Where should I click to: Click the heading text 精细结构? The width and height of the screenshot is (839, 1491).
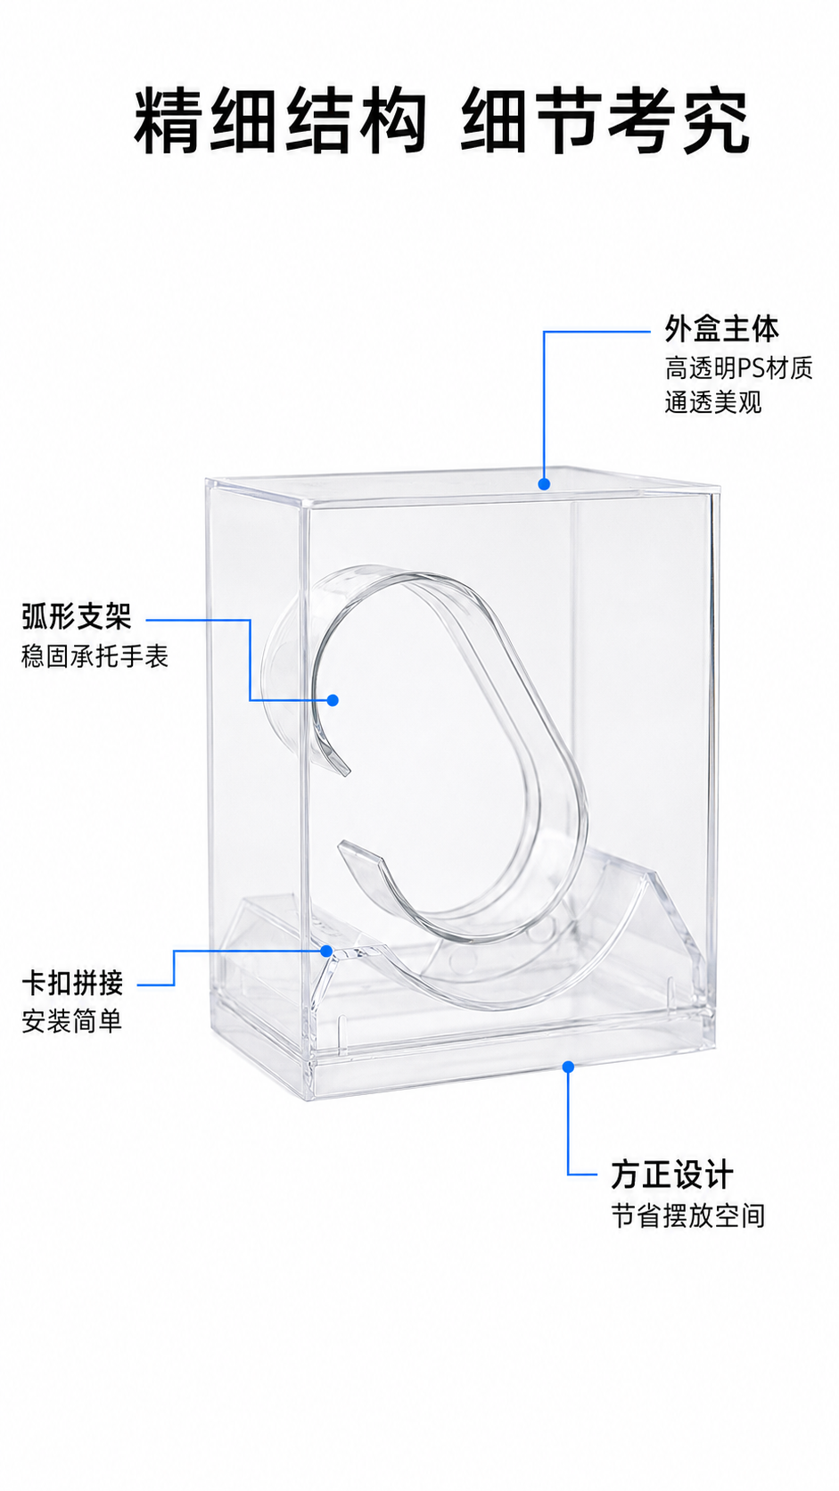(279, 122)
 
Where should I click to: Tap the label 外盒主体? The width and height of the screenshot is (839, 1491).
(722, 329)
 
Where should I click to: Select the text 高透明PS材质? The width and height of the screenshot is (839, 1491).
(738, 368)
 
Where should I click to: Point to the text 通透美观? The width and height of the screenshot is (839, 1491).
(712, 403)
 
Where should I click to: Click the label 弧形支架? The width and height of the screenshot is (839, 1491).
(77, 616)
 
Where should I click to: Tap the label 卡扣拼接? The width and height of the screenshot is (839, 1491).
(72, 983)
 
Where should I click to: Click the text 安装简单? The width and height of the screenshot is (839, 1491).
(72, 1021)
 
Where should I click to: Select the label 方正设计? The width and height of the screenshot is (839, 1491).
(672, 1174)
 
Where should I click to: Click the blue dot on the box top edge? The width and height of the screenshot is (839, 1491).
(544, 484)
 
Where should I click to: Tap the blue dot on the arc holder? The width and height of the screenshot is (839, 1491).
(333, 700)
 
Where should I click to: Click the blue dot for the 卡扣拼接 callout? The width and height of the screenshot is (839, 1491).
(326, 951)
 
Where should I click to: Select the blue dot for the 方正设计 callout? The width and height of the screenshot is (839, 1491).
(568, 1067)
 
